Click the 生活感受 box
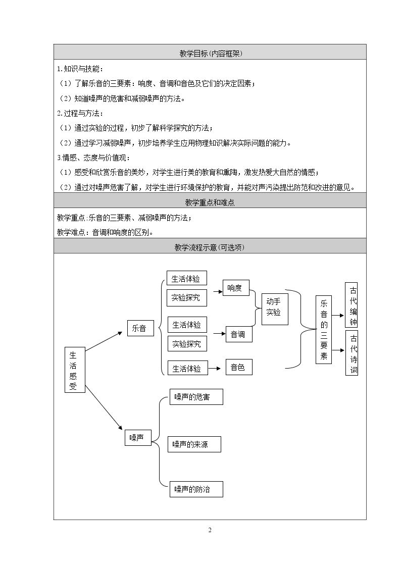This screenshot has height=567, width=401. [75, 370]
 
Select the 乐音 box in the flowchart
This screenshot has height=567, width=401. [140, 328]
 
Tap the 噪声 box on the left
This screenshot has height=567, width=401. [138, 437]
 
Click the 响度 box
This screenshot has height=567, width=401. [236, 288]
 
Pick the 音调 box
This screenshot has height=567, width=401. [239, 334]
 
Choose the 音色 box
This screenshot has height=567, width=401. [239, 367]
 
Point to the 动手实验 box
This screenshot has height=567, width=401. [275, 308]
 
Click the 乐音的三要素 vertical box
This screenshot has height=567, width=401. [324, 330]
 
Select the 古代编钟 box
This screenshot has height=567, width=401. [352, 305]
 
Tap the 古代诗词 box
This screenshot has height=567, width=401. [352, 353]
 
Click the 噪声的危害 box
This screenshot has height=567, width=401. [196, 397]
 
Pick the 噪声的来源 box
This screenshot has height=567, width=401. [194, 444]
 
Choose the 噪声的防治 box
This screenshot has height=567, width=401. [196, 489]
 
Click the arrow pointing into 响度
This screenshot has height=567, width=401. [218, 291]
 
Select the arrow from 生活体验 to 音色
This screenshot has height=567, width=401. [215, 369]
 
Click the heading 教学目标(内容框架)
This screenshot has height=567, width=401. [211, 54]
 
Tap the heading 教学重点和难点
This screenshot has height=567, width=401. [210, 202]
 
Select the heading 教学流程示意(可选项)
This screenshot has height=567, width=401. [210, 247]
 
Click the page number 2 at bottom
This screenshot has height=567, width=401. [210, 530]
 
